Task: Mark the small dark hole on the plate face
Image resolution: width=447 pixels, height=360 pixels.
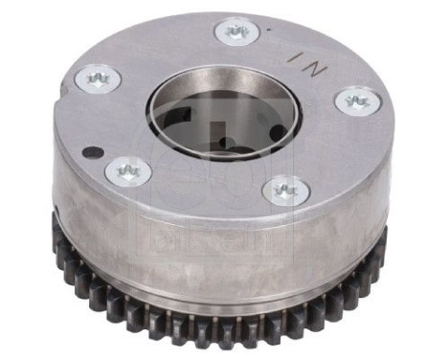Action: click(88, 151)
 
